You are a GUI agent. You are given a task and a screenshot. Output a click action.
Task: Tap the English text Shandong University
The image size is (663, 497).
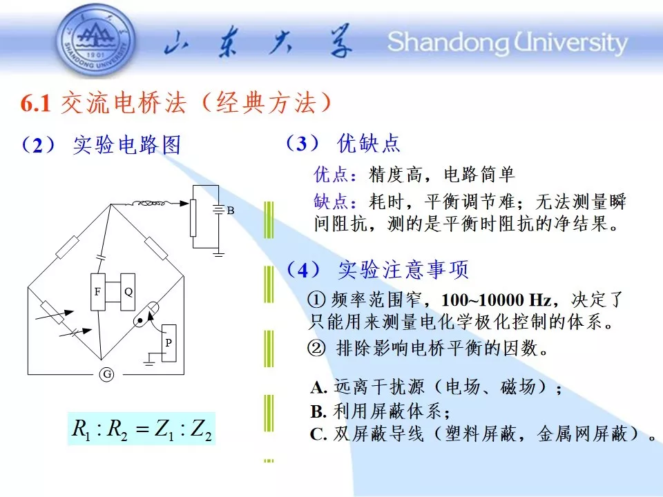tap(508, 43)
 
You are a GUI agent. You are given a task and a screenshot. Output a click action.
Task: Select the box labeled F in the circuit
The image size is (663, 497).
tap(98, 292)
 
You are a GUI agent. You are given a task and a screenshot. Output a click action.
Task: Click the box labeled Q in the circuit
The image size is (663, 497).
tap(128, 292)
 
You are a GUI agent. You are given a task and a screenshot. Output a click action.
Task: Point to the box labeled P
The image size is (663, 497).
tap(169, 343)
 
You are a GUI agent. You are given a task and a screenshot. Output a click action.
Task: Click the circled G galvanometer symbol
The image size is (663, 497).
tap(108, 374)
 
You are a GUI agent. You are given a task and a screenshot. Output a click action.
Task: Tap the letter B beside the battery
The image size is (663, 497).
tap(231, 211)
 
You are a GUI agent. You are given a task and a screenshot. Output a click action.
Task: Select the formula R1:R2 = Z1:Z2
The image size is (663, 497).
tap(142, 429)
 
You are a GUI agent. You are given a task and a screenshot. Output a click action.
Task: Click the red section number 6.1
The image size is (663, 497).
tap(35, 104)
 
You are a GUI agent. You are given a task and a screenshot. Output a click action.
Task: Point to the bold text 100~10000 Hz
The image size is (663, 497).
tap(497, 300)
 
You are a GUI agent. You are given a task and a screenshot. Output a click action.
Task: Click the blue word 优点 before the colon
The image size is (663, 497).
tap(331, 174)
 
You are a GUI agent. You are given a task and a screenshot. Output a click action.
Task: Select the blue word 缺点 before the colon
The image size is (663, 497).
tap(331, 201)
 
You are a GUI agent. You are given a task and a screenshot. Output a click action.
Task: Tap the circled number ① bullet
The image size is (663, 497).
tap(317, 300)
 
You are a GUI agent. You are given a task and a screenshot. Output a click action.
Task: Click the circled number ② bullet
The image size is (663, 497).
tap(317, 349)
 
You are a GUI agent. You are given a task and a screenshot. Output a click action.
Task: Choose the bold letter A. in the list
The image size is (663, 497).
tap(319, 387)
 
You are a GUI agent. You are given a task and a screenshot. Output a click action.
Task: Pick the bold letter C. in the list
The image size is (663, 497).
tap(319, 434)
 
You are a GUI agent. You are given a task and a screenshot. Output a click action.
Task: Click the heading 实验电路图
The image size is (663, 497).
tap(127, 145)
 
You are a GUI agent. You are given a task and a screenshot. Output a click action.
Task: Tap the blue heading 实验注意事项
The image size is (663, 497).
tap(403, 269)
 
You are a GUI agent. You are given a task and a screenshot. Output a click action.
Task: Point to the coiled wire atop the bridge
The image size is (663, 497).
tap(149, 204)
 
